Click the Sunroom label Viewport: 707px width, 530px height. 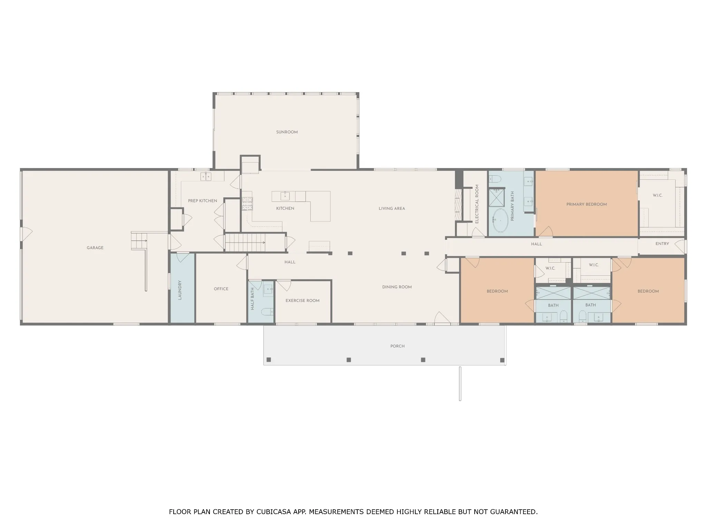point(287,132)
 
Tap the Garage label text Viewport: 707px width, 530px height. point(95,248)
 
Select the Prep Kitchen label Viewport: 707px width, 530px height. point(203,201)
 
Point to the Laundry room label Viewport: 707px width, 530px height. point(180,290)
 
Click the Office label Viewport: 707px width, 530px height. point(221,289)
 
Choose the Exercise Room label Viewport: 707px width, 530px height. point(302,301)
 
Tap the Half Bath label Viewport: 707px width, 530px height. point(252,299)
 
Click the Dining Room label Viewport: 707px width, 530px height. point(397,287)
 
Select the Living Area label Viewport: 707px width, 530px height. point(392,208)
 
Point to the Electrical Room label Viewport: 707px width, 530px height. point(477,204)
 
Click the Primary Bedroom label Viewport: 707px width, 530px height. point(587,204)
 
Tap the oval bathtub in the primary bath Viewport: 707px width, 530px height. point(500,220)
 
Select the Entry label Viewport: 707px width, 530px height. point(662,244)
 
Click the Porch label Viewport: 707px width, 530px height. point(397,346)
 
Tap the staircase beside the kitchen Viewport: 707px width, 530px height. point(255,243)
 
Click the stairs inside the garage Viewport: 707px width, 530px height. point(139,241)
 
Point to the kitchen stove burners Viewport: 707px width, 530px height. point(247,203)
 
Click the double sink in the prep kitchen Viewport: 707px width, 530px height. point(206,177)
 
